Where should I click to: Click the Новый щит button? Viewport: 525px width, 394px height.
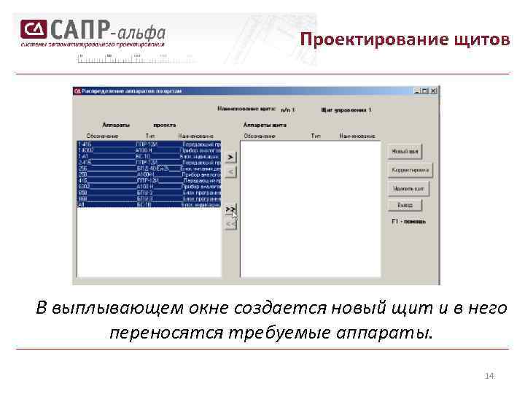405,152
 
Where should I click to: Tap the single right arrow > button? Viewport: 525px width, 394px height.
230,157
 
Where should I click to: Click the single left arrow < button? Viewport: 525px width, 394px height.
230,172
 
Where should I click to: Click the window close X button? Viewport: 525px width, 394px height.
434,91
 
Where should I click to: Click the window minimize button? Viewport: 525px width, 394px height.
418,91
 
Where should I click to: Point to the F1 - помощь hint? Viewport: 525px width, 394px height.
408,221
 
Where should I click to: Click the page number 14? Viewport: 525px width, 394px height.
489,376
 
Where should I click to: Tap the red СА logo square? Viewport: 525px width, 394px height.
33,29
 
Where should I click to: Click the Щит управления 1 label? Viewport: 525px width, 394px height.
346,110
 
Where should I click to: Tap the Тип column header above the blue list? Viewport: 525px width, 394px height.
150,136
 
